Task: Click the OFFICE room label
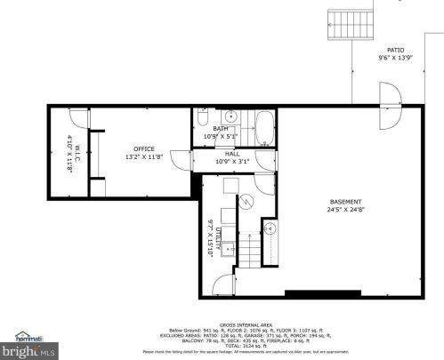coord(144,148)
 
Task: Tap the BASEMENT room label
coord(345,202)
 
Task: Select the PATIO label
coord(395,51)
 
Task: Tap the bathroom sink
coord(231,116)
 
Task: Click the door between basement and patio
coord(390,104)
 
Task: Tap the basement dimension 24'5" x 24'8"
coord(345,211)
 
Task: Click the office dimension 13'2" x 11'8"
coord(144,156)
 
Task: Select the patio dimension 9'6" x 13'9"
coord(395,59)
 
